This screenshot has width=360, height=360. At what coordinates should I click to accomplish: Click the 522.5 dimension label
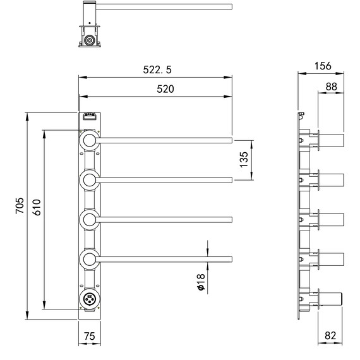coord(155,69)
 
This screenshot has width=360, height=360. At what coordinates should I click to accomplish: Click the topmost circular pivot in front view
coord(88,141)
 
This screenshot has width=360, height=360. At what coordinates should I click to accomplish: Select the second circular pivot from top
coord(88,180)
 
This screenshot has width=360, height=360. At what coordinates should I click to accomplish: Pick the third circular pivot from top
coord(88,219)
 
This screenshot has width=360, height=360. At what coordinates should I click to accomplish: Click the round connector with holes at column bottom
coord(88,300)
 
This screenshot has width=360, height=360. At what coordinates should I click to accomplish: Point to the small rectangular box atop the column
coord(88,117)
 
